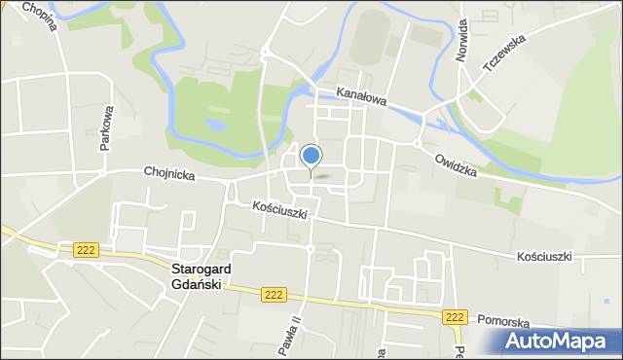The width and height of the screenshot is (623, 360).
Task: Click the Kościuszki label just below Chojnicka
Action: tap(279, 209)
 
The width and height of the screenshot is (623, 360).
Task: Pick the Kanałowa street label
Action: tap(361, 97)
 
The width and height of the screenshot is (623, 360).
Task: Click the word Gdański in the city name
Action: tap(196, 284)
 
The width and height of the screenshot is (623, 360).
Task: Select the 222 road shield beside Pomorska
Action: tap(455, 317)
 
